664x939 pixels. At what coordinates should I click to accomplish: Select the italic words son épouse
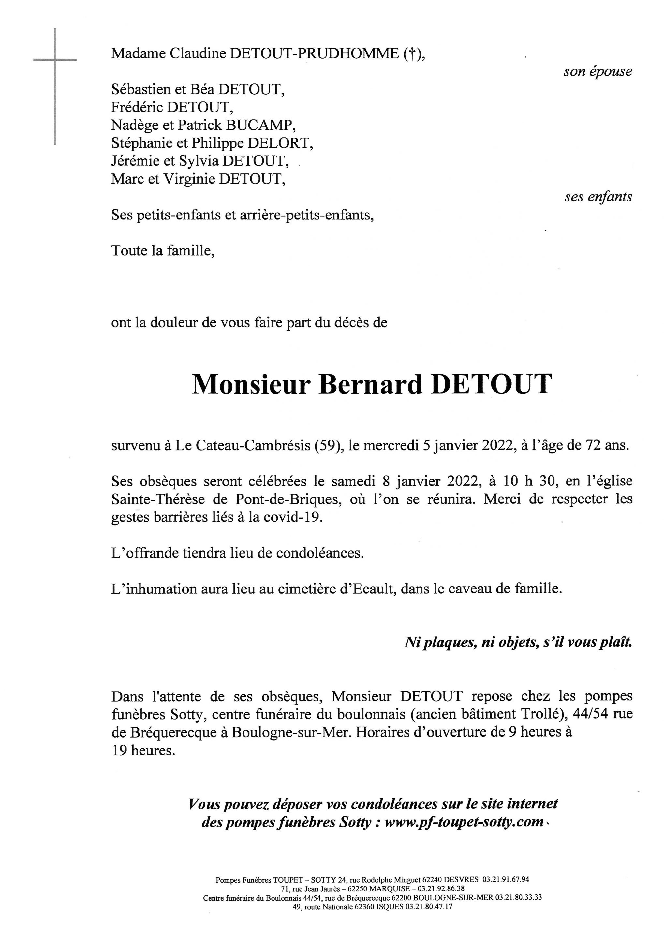[x=598, y=72]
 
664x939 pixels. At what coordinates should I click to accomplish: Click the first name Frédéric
[x=137, y=107]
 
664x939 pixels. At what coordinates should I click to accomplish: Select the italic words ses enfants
[x=598, y=197]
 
